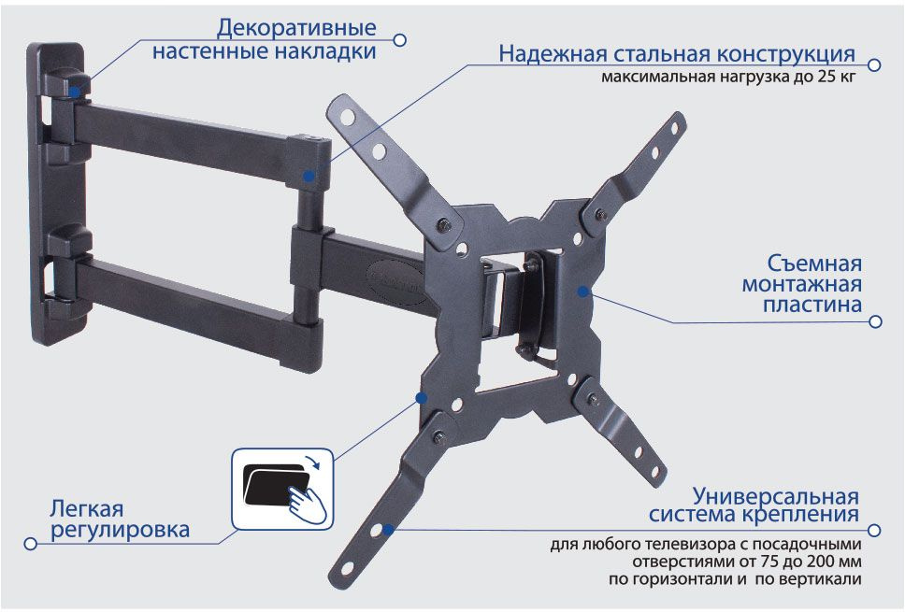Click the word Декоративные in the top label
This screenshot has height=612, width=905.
296,28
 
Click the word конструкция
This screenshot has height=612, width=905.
786,55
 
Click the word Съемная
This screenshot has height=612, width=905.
814,263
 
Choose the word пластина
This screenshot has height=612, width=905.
812,305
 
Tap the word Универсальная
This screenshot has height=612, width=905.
776,496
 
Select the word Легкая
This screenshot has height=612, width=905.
87,509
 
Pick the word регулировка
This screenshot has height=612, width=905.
120,530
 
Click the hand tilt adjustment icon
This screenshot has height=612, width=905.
282,490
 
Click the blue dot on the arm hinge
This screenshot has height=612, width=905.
310,176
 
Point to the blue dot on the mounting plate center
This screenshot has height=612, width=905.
583,292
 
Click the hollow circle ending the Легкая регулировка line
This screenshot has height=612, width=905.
31,544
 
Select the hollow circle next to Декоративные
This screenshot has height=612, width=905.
399,40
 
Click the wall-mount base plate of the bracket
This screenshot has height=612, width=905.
55,193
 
